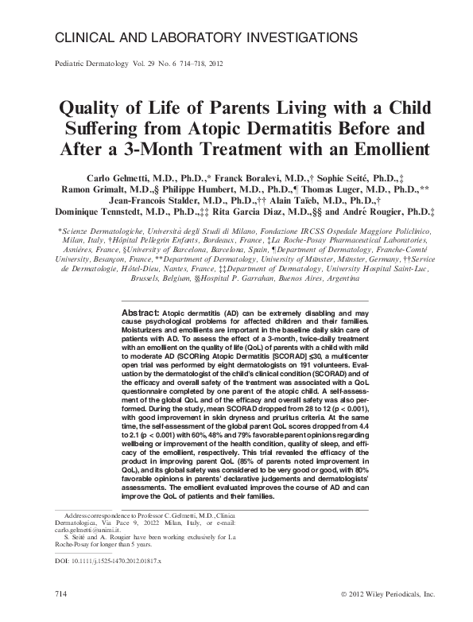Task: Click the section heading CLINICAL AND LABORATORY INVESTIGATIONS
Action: click(204, 37)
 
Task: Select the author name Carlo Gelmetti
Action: click(111, 175)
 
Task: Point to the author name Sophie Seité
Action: click(338, 175)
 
